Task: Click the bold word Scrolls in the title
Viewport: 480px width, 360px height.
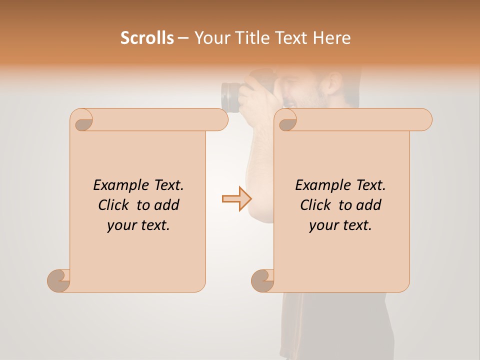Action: (147, 38)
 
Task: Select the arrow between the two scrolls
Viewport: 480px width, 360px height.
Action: (236, 199)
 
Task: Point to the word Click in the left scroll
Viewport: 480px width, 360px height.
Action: (109, 205)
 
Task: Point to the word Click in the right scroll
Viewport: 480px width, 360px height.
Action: (311, 205)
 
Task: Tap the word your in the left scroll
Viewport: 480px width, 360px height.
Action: (121, 225)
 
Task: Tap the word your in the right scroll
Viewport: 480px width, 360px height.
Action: (323, 225)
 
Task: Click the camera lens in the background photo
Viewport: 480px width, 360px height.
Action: (231, 97)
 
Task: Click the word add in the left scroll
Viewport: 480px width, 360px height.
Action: (166, 205)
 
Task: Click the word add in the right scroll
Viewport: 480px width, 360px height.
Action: (368, 205)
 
